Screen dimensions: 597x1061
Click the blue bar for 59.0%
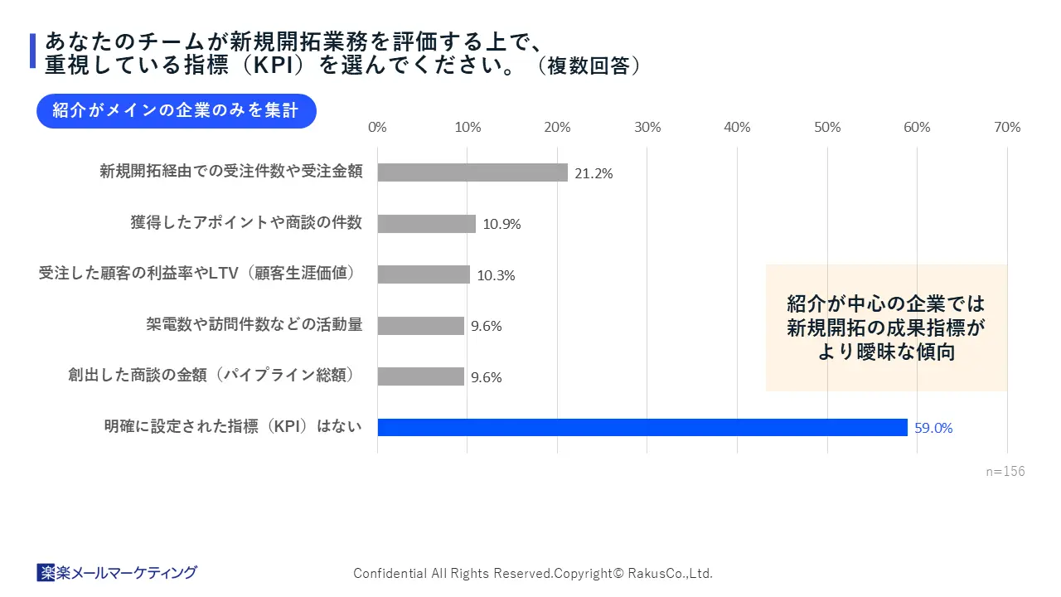[642, 427]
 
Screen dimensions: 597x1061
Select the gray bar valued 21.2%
[472, 172]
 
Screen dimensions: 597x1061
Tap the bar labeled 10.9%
[427, 224]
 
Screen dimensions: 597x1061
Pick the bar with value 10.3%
[424, 274]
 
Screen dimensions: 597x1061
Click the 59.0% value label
[933, 428]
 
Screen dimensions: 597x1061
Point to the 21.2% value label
[593, 173]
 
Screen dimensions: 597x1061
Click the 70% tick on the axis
[1007, 127]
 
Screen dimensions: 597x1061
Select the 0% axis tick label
[377, 127]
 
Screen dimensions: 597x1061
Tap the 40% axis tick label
[737, 127]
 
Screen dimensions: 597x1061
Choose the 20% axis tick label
[557, 127]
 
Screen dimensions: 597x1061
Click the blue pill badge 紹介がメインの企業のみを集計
[176, 111]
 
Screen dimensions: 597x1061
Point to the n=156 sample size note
[1005, 471]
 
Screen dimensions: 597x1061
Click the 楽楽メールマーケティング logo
[117, 572]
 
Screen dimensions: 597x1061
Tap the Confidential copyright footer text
[533, 573]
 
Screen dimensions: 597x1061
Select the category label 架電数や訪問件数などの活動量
[254, 324]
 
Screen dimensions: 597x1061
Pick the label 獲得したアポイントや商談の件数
[246, 222]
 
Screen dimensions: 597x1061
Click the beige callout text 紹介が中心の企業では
[886, 303]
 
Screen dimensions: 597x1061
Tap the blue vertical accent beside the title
[32, 51]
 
